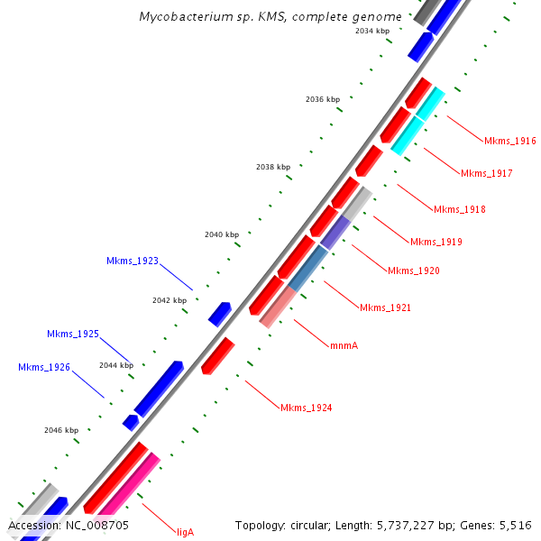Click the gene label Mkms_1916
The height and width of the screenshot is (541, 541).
click(x=509, y=141)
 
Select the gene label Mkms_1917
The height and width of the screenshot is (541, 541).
click(x=486, y=173)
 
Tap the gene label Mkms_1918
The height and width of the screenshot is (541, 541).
click(x=459, y=209)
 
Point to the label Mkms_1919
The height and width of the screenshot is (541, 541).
click(x=436, y=242)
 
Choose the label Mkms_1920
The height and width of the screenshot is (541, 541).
click(x=413, y=270)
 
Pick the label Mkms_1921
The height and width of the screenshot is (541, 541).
click(x=385, y=307)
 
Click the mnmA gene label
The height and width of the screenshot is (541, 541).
click(x=344, y=344)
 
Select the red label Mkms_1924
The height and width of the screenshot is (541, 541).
click(x=306, y=408)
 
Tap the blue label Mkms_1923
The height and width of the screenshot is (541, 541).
click(x=132, y=261)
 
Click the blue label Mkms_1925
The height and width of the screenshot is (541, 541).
click(x=73, y=334)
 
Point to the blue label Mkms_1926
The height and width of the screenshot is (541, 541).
click(x=44, y=367)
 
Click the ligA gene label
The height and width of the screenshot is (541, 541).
click(x=185, y=532)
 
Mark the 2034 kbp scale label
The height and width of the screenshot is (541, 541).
click(x=372, y=31)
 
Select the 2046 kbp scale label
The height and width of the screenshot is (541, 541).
click(x=61, y=430)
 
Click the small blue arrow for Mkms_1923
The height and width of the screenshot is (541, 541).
click(x=220, y=313)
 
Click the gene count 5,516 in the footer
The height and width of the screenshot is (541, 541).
click(x=513, y=525)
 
